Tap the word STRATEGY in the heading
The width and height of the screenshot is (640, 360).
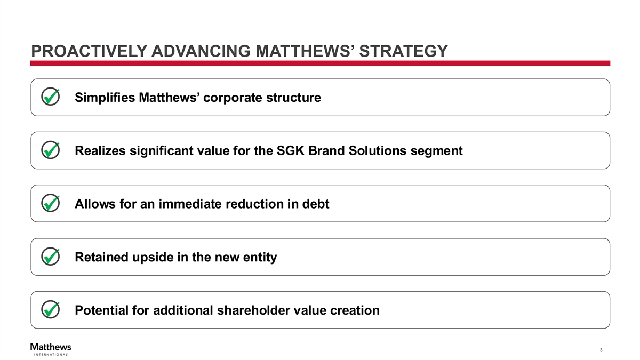(x=403, y=51)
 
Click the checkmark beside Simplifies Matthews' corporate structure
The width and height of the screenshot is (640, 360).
(x=50, y=97)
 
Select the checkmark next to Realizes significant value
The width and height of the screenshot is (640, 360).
(x=50, y=150)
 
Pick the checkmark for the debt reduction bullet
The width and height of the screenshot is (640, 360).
(x=50, y=203)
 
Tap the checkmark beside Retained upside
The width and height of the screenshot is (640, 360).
(x=50, y=257)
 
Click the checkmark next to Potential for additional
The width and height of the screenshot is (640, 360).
(x=50, y=309)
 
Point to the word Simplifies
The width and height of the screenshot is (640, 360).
(x=105, y=98)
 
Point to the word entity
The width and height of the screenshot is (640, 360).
(x=260, y=258)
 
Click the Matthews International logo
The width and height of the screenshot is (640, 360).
(x=51, y=349)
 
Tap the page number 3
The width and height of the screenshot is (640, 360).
(x=601, y=350)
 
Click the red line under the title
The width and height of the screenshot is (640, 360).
(x=320, y=63)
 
